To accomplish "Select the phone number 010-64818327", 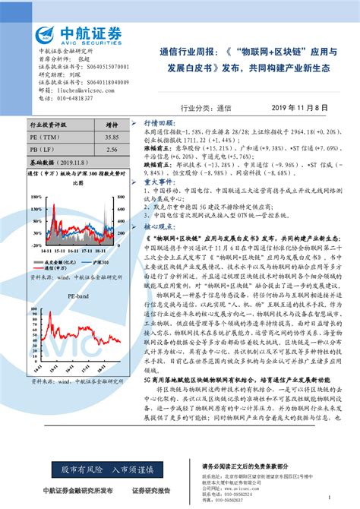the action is [78, 98].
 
